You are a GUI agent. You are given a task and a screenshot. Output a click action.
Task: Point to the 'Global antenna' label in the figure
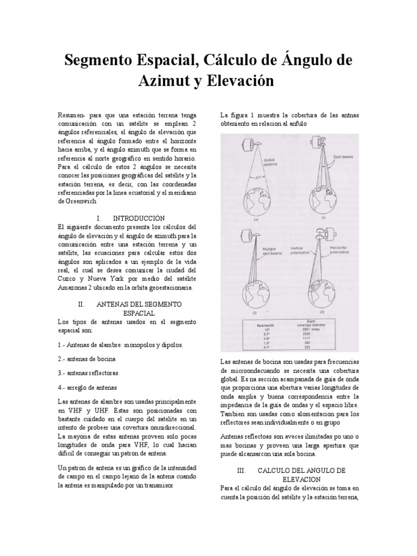click(271, 163)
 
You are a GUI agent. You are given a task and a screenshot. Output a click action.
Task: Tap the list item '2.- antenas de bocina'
click(86, 359)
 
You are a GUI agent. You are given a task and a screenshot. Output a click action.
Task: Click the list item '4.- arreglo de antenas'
click(87, 387)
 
